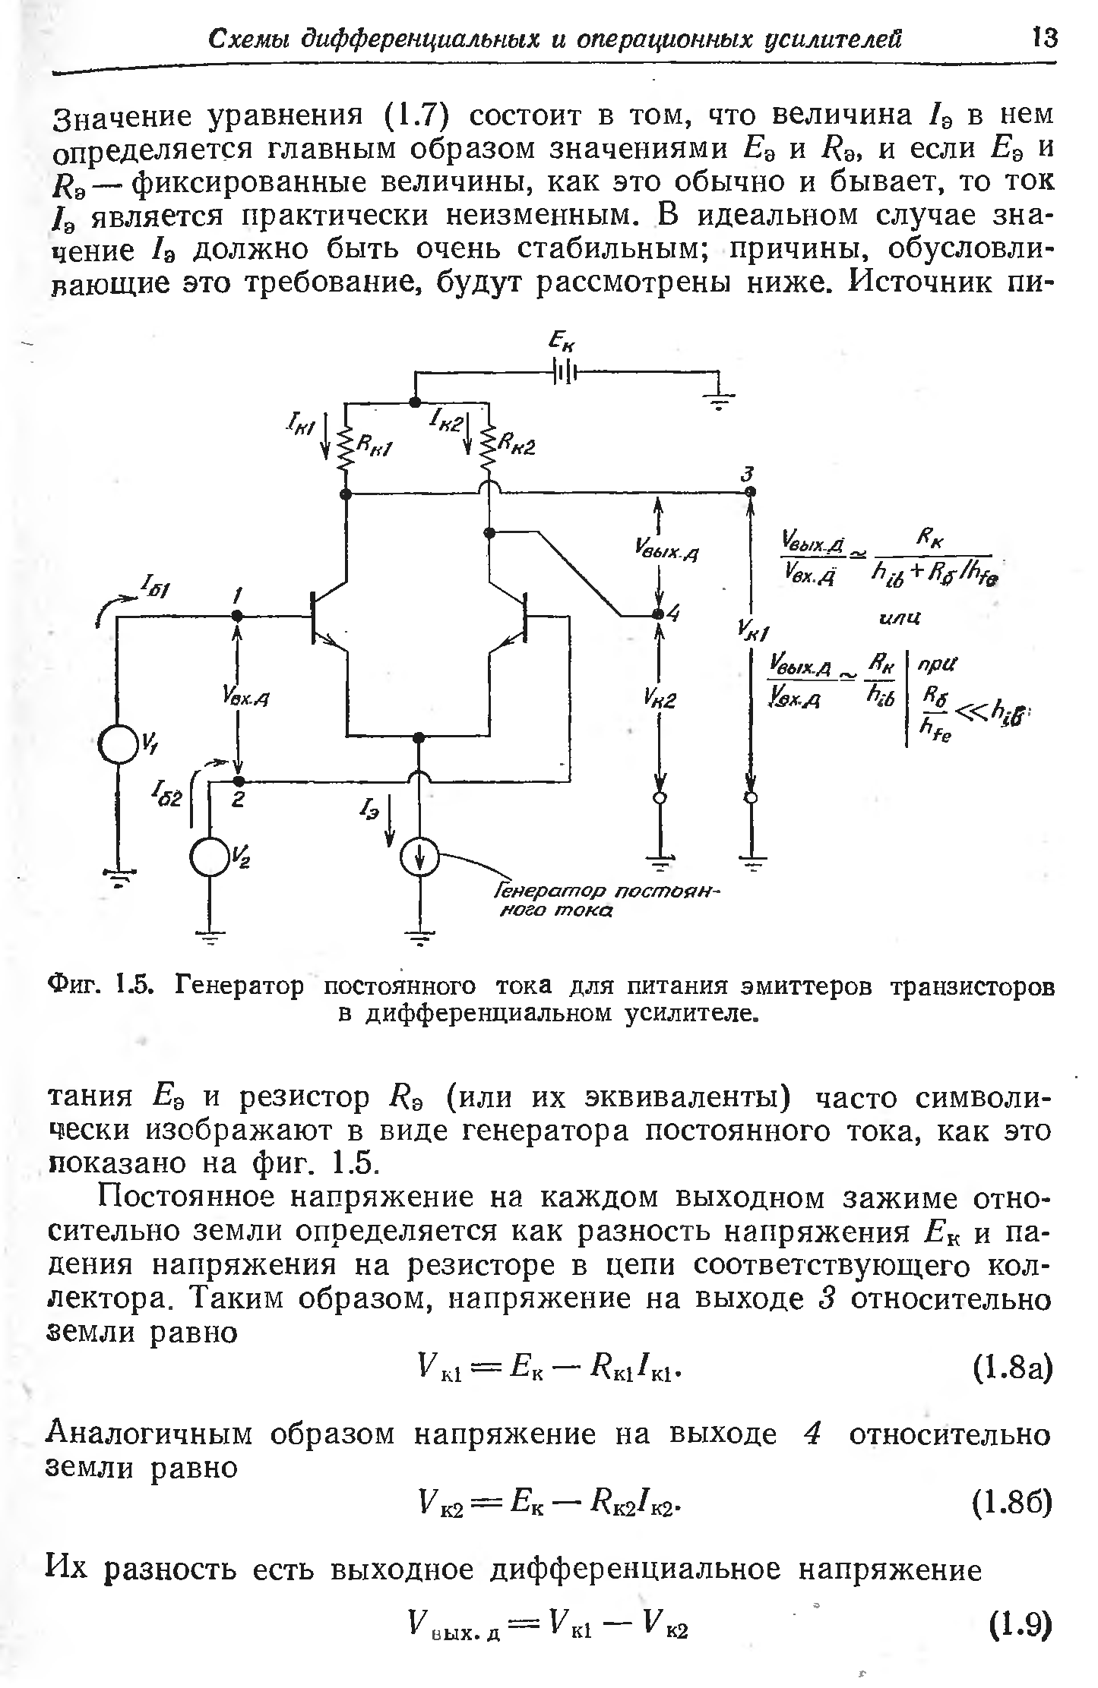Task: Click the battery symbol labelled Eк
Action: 563,372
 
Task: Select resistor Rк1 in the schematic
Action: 347,450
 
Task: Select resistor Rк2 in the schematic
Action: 488,450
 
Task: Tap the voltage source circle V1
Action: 118,747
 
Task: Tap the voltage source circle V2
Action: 210,857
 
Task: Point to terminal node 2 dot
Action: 239,781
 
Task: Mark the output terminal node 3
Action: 750,492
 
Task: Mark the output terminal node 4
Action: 659,614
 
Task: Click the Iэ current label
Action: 371,811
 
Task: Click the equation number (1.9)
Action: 1020,1627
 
